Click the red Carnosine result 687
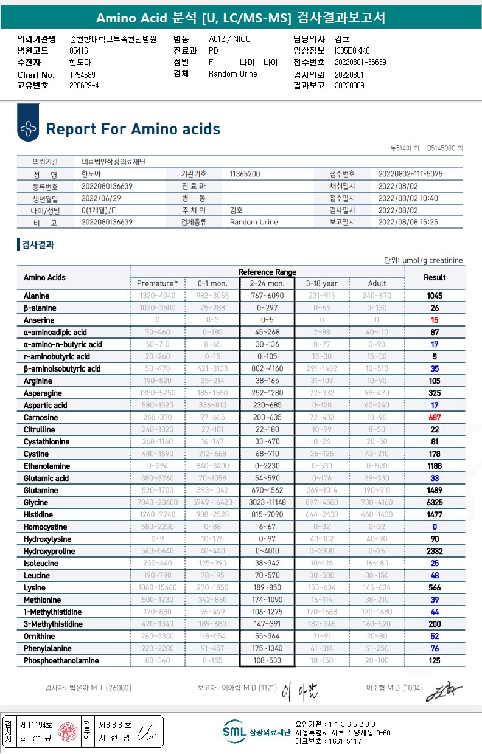coord(435,418)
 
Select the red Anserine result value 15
coord(435,320)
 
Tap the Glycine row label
coord(37,503)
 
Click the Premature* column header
coord(158,283)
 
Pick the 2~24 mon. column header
coord(267,283)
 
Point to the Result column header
coord(435,277)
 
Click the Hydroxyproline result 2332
coord(435,552)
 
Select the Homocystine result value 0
coord(435,527)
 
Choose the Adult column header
coord(377,283)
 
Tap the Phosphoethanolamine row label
coord(61,661)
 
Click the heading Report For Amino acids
coord(133,129)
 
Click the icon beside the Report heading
coord(28,128)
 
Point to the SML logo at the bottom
coord(234,732)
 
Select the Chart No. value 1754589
coord(83,75)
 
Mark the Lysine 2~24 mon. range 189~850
coord(267,588)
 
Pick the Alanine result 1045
coord(435,296)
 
